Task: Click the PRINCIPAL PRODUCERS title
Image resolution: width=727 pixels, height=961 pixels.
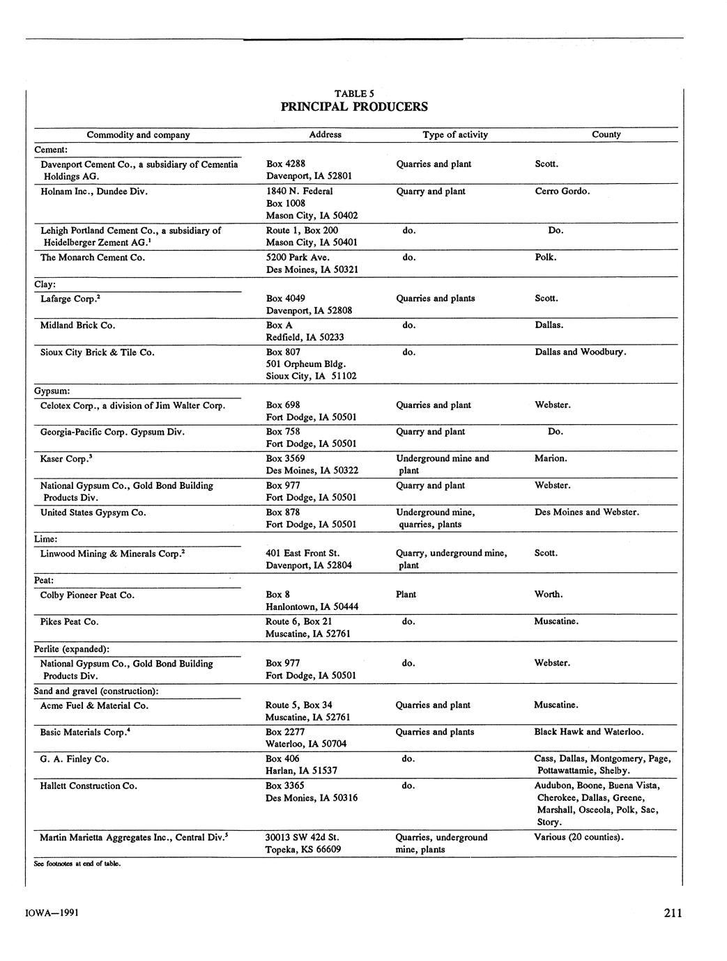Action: pyautogui.click(x=354, y=107)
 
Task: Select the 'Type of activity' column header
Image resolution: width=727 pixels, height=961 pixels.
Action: pyautogui.click(x=455, y=135)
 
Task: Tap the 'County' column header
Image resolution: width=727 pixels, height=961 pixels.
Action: pyautogui.click(x=606, y=134)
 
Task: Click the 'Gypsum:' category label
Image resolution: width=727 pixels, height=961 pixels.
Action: pyautogui.click(x=52, y=391)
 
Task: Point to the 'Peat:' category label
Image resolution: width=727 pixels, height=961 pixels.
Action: pyautogui.click(x=44, y=580)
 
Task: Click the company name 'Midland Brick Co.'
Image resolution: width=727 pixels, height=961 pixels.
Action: pyautogui.click(x=78, y=325)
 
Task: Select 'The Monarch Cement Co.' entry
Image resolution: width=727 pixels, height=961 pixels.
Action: pyautogui.click(x=93, y=258)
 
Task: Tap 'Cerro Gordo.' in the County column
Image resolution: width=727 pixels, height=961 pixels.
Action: pyautogui.click(x=563, y=192)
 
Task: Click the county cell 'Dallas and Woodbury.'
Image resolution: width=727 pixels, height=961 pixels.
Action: pyautogui.click(x=581, y=352)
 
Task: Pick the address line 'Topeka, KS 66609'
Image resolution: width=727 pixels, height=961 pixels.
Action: pyautogui.click(x=303, y=850)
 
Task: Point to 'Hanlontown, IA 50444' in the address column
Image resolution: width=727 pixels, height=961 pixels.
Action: pyautogui.click(x=312, y=607)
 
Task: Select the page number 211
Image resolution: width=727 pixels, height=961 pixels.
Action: pyautogui.click(x=673, y=914)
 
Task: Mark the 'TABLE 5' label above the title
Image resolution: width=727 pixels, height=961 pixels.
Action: pyautogui.click(x=354, y=93)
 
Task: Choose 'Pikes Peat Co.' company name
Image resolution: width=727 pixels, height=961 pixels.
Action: pyautogui.click(x=70, y=622)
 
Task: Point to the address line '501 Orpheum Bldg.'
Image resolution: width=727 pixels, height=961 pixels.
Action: pyautogui.click(x=306, y=364)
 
